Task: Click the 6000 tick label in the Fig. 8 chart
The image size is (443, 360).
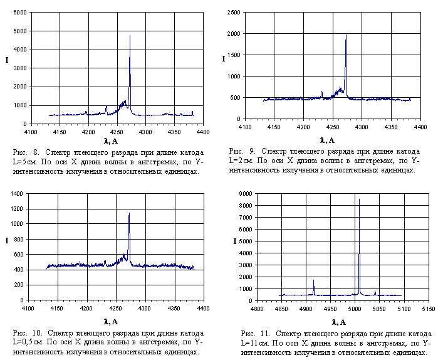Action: pyautogui.click(x=19, y=13)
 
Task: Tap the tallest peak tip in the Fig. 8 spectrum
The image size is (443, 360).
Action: pyautogui.click(x=130, y=36)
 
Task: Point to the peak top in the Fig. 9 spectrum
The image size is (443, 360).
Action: pyautogui.click(x=346, y=35)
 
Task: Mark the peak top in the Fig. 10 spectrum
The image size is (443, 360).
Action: pyautogui.click(x=129, y=213)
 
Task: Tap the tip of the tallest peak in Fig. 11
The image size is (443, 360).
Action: pyautogui.click(x=359, y=199)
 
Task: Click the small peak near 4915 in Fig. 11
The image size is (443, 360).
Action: pyautogui.click(x=313, y=280)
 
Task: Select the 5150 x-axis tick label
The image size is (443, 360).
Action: pyautogui.click(x=428, y=309)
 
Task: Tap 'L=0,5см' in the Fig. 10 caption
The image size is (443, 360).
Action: pyautogui.click(x=27, y=342)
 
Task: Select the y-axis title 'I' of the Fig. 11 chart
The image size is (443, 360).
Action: pyautogui.click(x=235, y=241)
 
